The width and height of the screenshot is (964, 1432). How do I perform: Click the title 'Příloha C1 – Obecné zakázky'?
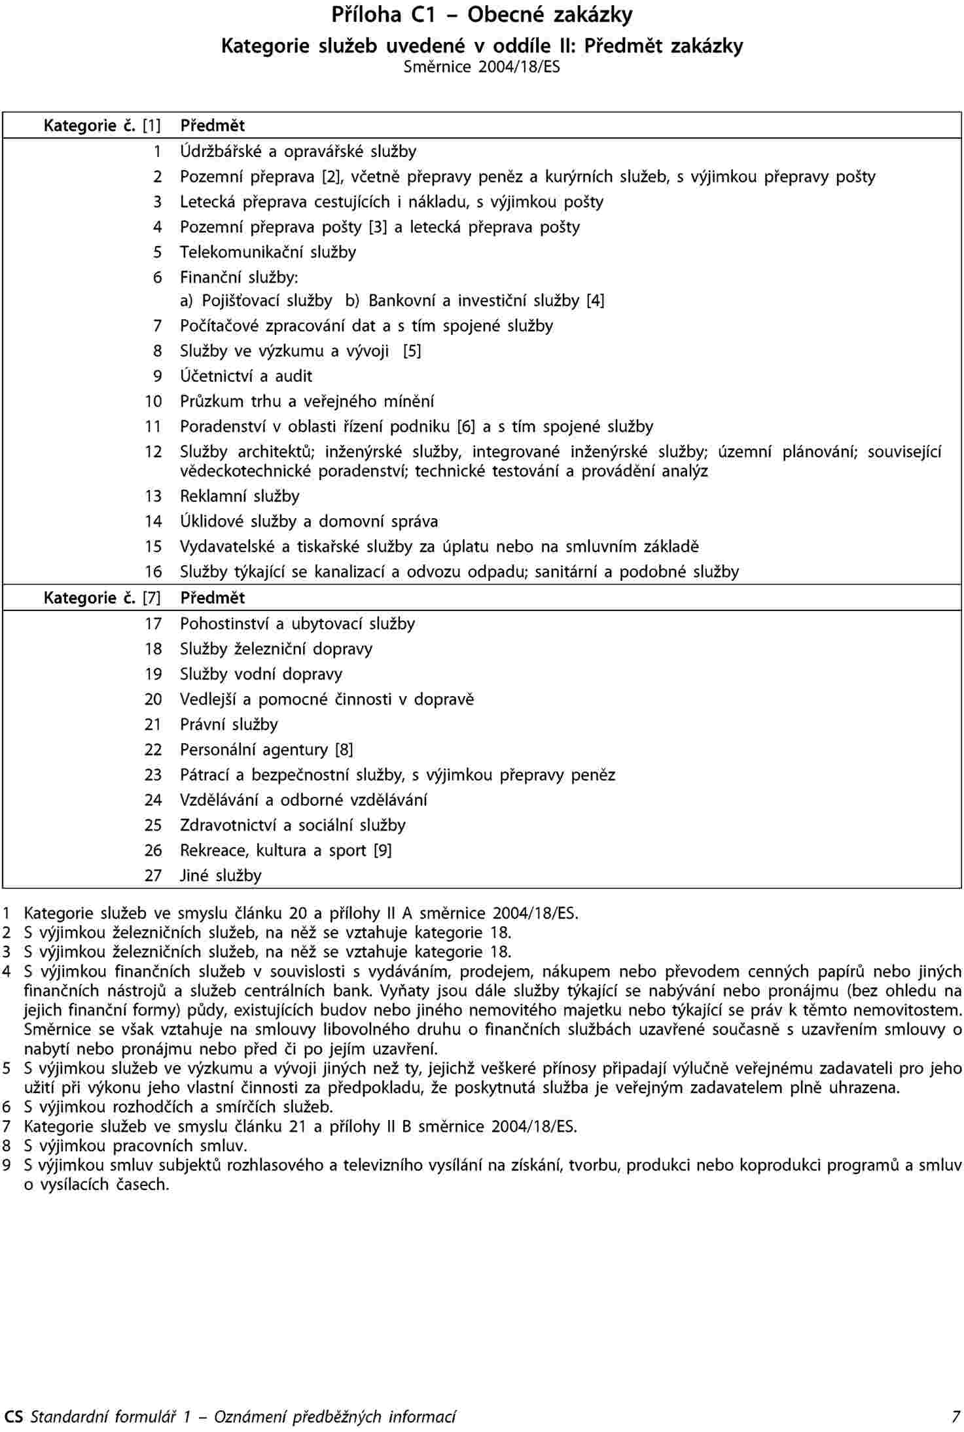(x=482, y=15)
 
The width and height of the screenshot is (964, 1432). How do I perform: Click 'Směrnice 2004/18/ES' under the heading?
(x=482, y=67)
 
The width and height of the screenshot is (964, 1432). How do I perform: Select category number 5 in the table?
(x=157, y=253)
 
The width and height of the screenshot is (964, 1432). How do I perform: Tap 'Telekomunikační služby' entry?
(x=268, y=253)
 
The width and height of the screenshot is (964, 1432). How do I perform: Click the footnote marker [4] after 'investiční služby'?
(x=596, y=301)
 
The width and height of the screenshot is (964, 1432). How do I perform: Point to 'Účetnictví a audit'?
(x=246, y=376)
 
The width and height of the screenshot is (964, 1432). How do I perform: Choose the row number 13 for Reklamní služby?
(x=153, y=497)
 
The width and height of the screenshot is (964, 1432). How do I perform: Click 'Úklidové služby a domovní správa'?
(x=309, y=522)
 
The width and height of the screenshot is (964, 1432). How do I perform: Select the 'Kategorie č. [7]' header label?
(x=102, y=598)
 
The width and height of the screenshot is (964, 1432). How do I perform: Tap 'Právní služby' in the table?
(x=229, y=725)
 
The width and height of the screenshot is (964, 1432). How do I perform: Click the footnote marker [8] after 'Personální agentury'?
(x=344, y=750)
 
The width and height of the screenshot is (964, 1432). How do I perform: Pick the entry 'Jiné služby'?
(x=221, y=876)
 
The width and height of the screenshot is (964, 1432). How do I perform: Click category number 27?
(x=153, y=876)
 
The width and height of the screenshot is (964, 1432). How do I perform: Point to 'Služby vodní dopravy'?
(x=261, y=674)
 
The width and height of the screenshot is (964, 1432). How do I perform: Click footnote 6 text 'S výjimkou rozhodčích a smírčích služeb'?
(x=178, y=1108)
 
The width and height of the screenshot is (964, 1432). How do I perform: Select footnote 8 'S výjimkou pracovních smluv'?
(x=135, y=1146)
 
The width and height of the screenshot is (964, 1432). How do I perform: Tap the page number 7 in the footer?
(x=956, y=1417)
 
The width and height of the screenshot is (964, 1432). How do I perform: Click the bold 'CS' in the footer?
(x=13, y=1417)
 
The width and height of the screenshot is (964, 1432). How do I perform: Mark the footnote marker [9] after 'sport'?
(x=382, y=851)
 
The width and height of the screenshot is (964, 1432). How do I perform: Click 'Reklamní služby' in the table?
(x=240, y=497)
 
